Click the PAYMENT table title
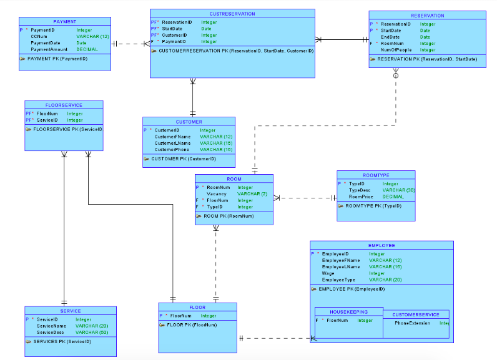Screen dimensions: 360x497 [65, 21]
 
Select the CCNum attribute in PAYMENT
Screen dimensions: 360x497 [39, 36]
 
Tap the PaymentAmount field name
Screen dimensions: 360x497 [49, 49]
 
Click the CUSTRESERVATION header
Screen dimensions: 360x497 [232, 13]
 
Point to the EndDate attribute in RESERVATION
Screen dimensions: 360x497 [390, 37]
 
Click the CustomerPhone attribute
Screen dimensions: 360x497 [172, 150]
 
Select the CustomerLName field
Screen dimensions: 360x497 [172, 143]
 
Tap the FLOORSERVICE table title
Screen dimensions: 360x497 [64, 105]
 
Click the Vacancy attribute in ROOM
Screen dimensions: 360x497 [216, 194]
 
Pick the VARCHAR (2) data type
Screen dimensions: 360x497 [252, 194]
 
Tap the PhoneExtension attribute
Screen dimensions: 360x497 [411, 323]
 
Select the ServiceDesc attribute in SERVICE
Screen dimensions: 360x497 [51, 332]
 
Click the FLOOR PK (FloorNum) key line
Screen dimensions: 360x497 [192, 325]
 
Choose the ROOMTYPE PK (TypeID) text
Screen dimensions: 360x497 [373, 205]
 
